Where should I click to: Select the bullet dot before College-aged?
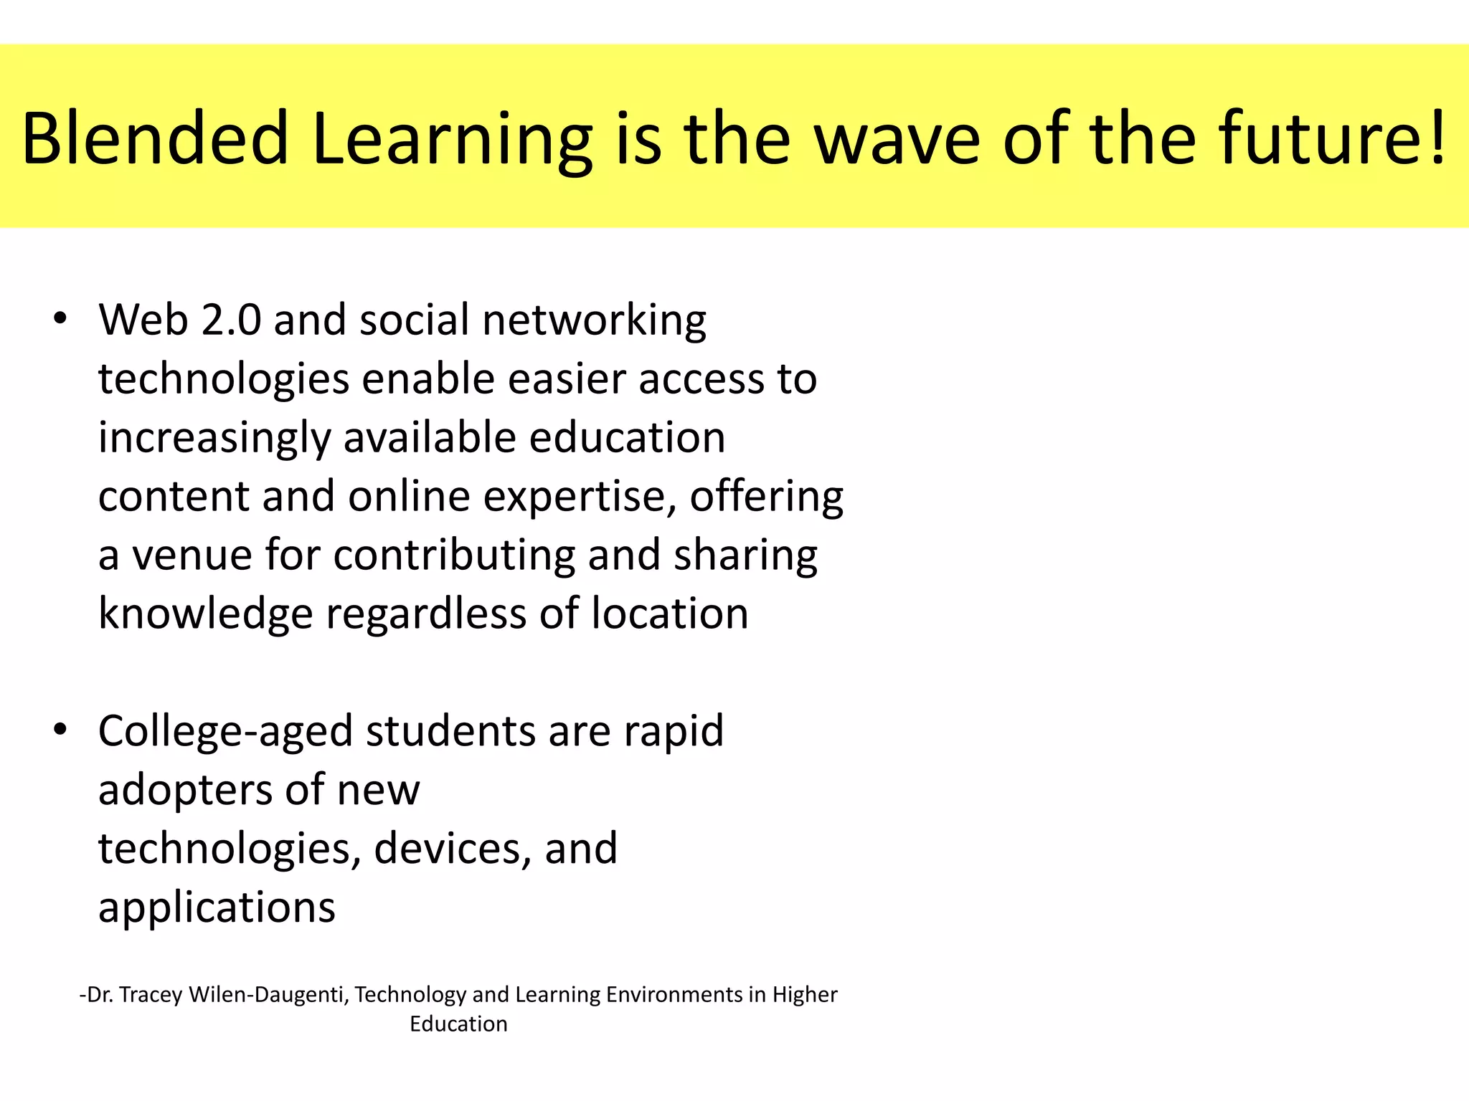click(60, 730)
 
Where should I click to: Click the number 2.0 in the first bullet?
click(231, 320)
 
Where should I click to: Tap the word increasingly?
click(214, 439)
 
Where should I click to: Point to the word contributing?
click(454, 556)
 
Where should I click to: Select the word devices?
click(453, 849)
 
